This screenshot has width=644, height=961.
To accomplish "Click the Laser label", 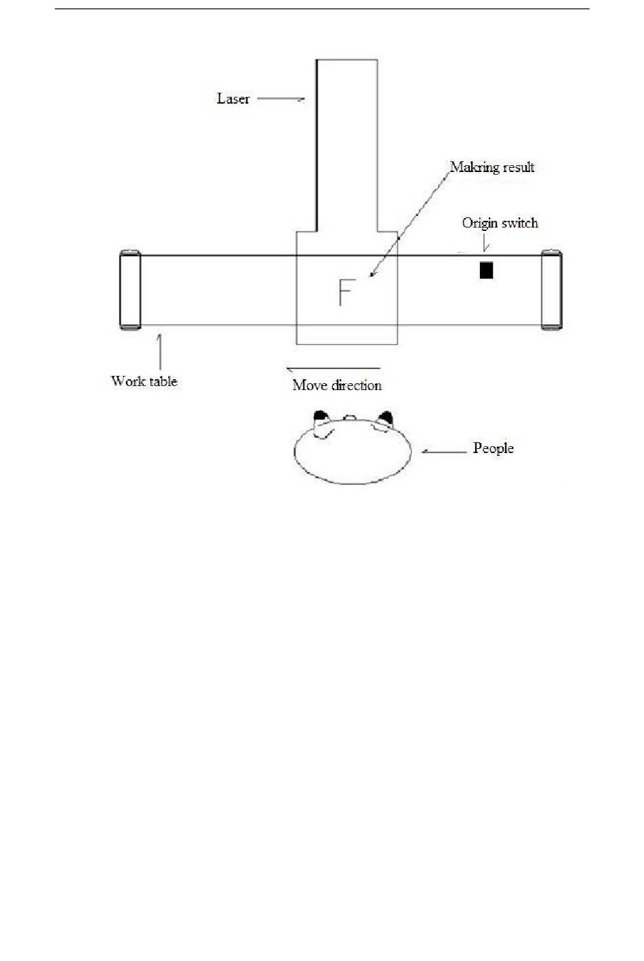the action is click(x=233, y=99).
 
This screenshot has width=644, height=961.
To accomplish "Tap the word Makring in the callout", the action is click(x=475, y=167).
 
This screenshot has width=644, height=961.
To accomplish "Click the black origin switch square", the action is click(x=486, y=270).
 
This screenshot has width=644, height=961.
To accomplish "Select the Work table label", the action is click(x=144, y=381).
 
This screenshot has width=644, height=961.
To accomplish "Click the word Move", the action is click(x=310, y=385).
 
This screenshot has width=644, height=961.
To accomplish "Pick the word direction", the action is click(x=357, y=385).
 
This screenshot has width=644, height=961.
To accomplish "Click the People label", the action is click(x=494, y=448).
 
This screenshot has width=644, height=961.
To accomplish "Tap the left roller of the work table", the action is click(x=130, y=290).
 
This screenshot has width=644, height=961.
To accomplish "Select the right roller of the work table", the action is click(x=552, y=290).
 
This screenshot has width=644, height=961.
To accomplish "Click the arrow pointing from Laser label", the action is click(x=281, y=99).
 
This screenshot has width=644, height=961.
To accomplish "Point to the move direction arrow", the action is click(x=333, y=368).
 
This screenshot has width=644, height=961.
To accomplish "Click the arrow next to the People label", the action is click(x=444, y=451).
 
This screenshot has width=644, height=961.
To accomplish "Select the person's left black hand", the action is click(x=321, y=416).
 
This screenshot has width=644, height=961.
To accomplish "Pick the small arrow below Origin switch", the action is click(x=485, y=242).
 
